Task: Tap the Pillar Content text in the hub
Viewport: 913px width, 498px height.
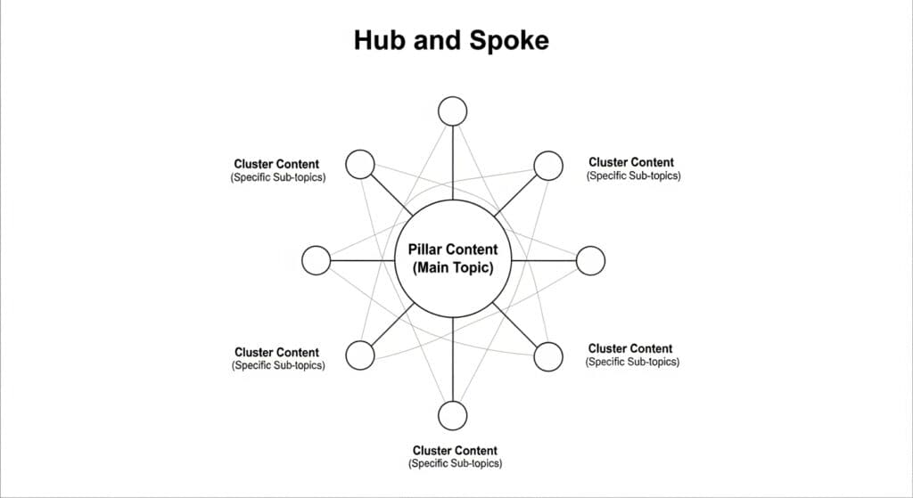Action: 453,249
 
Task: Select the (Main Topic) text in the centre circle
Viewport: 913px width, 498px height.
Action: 453,268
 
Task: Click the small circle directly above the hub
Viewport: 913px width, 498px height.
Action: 453,111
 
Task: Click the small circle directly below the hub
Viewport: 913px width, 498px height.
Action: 453,415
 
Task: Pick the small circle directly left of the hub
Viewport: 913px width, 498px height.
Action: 317,261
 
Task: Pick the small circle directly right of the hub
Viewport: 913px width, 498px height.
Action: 590,261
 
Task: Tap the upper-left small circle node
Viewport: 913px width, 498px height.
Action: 359,165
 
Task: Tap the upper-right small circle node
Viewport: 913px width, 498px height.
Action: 548,165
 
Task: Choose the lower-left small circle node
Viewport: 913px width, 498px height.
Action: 359,355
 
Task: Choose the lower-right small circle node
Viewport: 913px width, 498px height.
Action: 548,355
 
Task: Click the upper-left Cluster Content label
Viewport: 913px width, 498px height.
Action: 276,164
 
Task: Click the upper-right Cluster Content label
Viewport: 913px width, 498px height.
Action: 631,162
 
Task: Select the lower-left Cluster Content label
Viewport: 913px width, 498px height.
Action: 276,352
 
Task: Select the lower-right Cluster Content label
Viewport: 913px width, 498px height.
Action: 630,348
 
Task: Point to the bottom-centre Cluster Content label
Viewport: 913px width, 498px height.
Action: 455,450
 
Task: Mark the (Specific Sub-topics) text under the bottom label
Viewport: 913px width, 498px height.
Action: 455,463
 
